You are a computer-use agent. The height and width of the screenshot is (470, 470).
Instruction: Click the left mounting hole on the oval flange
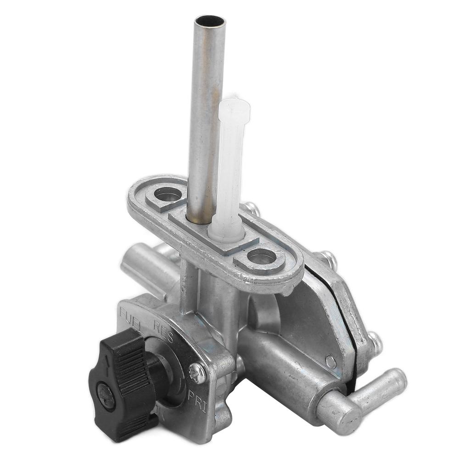point(168,194)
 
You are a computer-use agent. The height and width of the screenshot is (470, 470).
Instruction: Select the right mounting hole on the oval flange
point(262,257)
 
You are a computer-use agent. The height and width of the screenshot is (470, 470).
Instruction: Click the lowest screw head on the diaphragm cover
point(375,342)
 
